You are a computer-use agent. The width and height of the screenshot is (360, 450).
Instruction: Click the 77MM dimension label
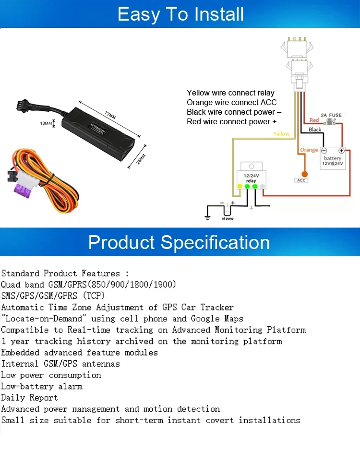[110, 116]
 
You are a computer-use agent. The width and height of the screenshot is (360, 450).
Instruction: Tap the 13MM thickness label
[46, 123]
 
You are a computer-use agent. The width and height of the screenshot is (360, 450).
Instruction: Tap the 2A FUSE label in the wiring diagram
[331, 115]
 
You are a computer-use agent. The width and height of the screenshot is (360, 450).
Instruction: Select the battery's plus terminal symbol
[342, 150]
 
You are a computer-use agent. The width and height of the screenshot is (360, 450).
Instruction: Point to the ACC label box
[301, 180]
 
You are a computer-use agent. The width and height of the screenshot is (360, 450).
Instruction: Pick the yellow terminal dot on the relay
[240, 186]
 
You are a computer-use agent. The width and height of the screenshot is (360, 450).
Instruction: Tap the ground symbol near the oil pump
[207, 217]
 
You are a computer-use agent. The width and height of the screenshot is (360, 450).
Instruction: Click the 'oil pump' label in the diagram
[228, 219]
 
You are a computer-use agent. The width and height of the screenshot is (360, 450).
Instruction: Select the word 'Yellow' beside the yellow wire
[281, 134]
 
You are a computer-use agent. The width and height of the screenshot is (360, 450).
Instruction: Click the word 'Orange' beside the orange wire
[309, 150]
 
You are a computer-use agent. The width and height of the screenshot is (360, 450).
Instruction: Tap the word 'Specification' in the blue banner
[215, 242]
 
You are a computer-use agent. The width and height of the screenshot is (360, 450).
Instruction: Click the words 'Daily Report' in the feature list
[29, 398]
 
